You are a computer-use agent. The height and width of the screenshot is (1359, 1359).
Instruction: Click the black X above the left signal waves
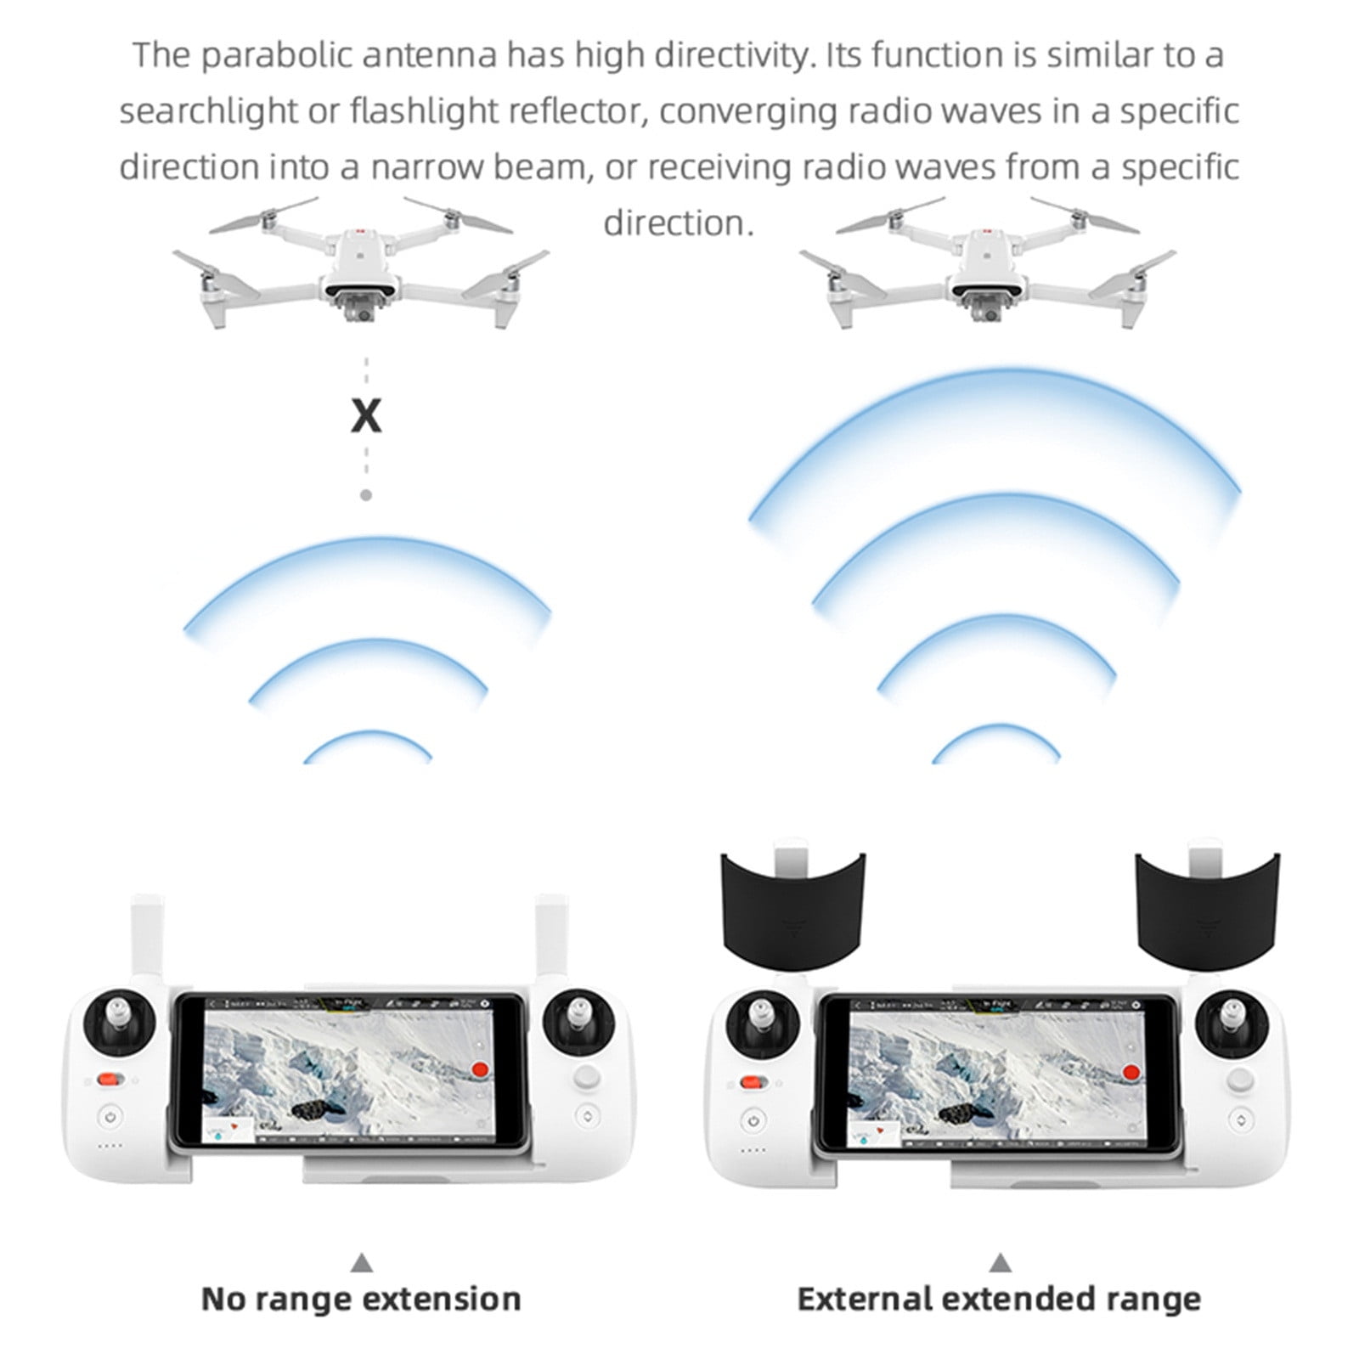pos(366,416)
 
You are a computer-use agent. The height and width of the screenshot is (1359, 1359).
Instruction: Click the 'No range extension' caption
pos(361,1299)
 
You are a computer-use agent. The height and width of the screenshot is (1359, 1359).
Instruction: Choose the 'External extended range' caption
pos(999,1299)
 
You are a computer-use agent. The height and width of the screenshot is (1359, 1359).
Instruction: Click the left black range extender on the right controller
pos(792,905)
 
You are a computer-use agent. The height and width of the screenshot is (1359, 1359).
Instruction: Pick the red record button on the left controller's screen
pos(480,1069)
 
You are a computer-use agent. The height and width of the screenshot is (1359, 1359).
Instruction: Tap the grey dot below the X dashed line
pos(366,494)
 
